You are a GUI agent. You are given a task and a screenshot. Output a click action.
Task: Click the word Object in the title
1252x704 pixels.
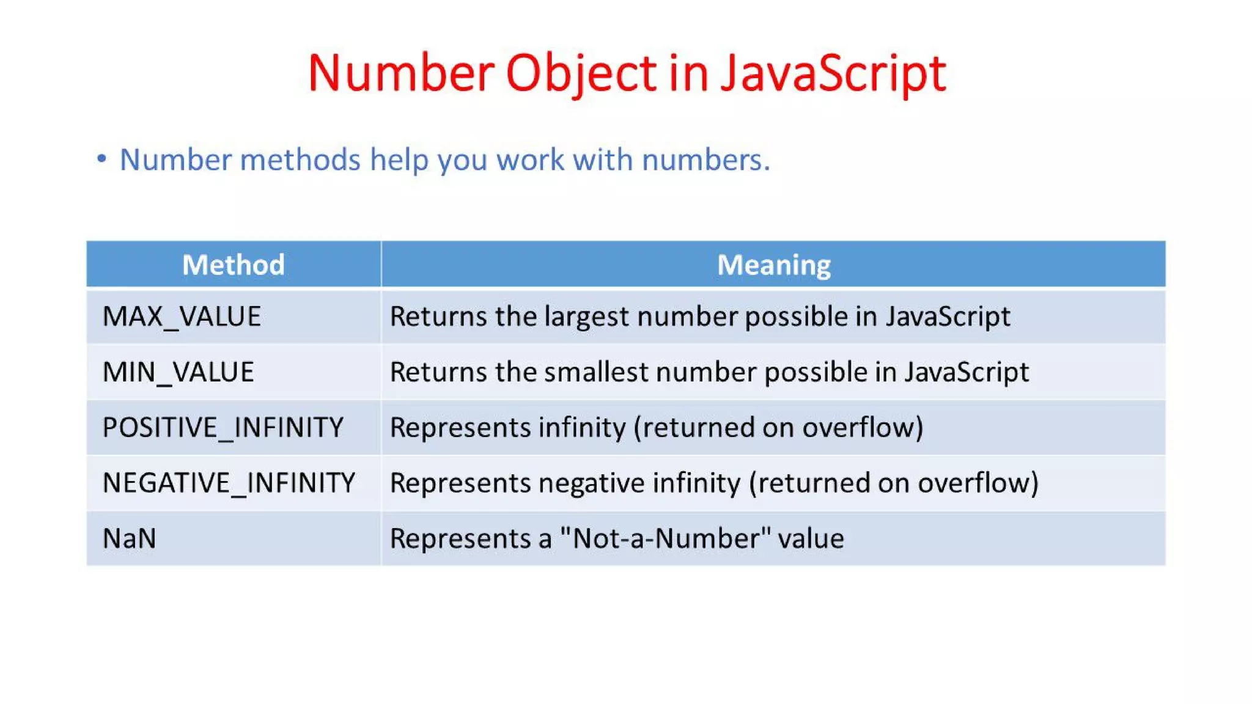pyautogui.click(x=581, y=73)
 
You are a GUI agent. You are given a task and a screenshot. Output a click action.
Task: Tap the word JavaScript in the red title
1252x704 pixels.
pyautogui.click(x=833, y=73)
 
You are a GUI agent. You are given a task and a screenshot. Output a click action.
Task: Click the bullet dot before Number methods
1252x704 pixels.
pyautogui.click(x=101, y=159)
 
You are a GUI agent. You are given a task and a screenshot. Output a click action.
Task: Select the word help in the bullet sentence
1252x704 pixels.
pyautogui.click(x=395, y=160)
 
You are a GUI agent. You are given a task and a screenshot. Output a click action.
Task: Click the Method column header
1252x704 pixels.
pyautogui.click(x=234, y=265)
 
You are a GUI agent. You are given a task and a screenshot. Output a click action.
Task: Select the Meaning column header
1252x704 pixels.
pyautogui.click(x=773, y=265)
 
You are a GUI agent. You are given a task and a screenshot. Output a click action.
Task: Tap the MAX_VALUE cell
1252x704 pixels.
pyautogui.click(x=182, y=317)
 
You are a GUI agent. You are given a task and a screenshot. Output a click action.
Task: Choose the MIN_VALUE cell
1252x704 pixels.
pyautogui.click(x=178, y=372)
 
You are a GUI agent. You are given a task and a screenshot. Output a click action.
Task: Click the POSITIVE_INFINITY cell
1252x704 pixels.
pyautogui.click(x=223, y=427)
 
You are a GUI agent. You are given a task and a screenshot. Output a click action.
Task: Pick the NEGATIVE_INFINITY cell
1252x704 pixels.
pyautogui.click(x=229, y=483)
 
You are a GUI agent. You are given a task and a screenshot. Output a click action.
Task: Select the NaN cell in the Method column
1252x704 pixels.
pyautogui.click(x=130, y=538)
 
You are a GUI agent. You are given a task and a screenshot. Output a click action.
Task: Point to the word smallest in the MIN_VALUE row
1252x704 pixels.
pyautogui.click(x=595, y=372)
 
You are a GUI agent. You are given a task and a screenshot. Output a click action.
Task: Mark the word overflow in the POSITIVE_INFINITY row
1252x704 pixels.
pyautogui.click(x=862, y=427)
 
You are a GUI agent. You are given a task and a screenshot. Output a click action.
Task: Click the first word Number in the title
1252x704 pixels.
pyautogui.click(x=401, y=73)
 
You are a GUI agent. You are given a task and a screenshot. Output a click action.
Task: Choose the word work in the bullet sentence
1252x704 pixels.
pyautogui.click(x=531, y=160)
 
